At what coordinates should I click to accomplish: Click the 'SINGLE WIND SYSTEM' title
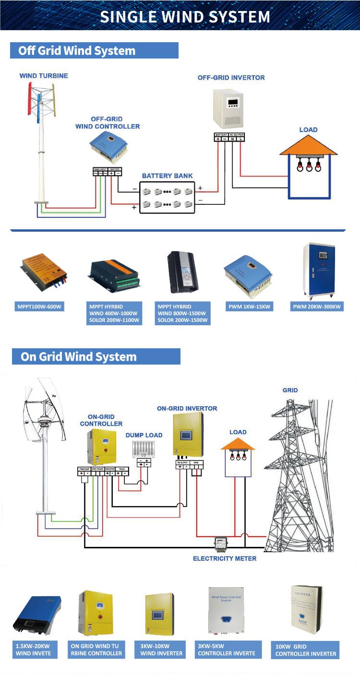click(185, 17)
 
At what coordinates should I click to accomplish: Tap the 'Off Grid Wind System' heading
click(77, 51)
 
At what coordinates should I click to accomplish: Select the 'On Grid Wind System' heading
click(79, 357)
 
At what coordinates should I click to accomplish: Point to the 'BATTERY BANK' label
click(167, 176)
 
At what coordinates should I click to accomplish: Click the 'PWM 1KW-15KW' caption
click(249, 306)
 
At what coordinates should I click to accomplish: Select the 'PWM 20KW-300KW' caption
click(318, 306)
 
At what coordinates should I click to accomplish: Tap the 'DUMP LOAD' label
click(144, 435)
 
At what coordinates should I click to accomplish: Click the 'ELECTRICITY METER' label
click(225, 558)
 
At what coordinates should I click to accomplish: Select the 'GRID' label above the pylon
click(290, 390)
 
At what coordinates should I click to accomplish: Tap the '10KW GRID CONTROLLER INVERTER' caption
click(305, 650)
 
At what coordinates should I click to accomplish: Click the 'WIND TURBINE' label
click(44, 76)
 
